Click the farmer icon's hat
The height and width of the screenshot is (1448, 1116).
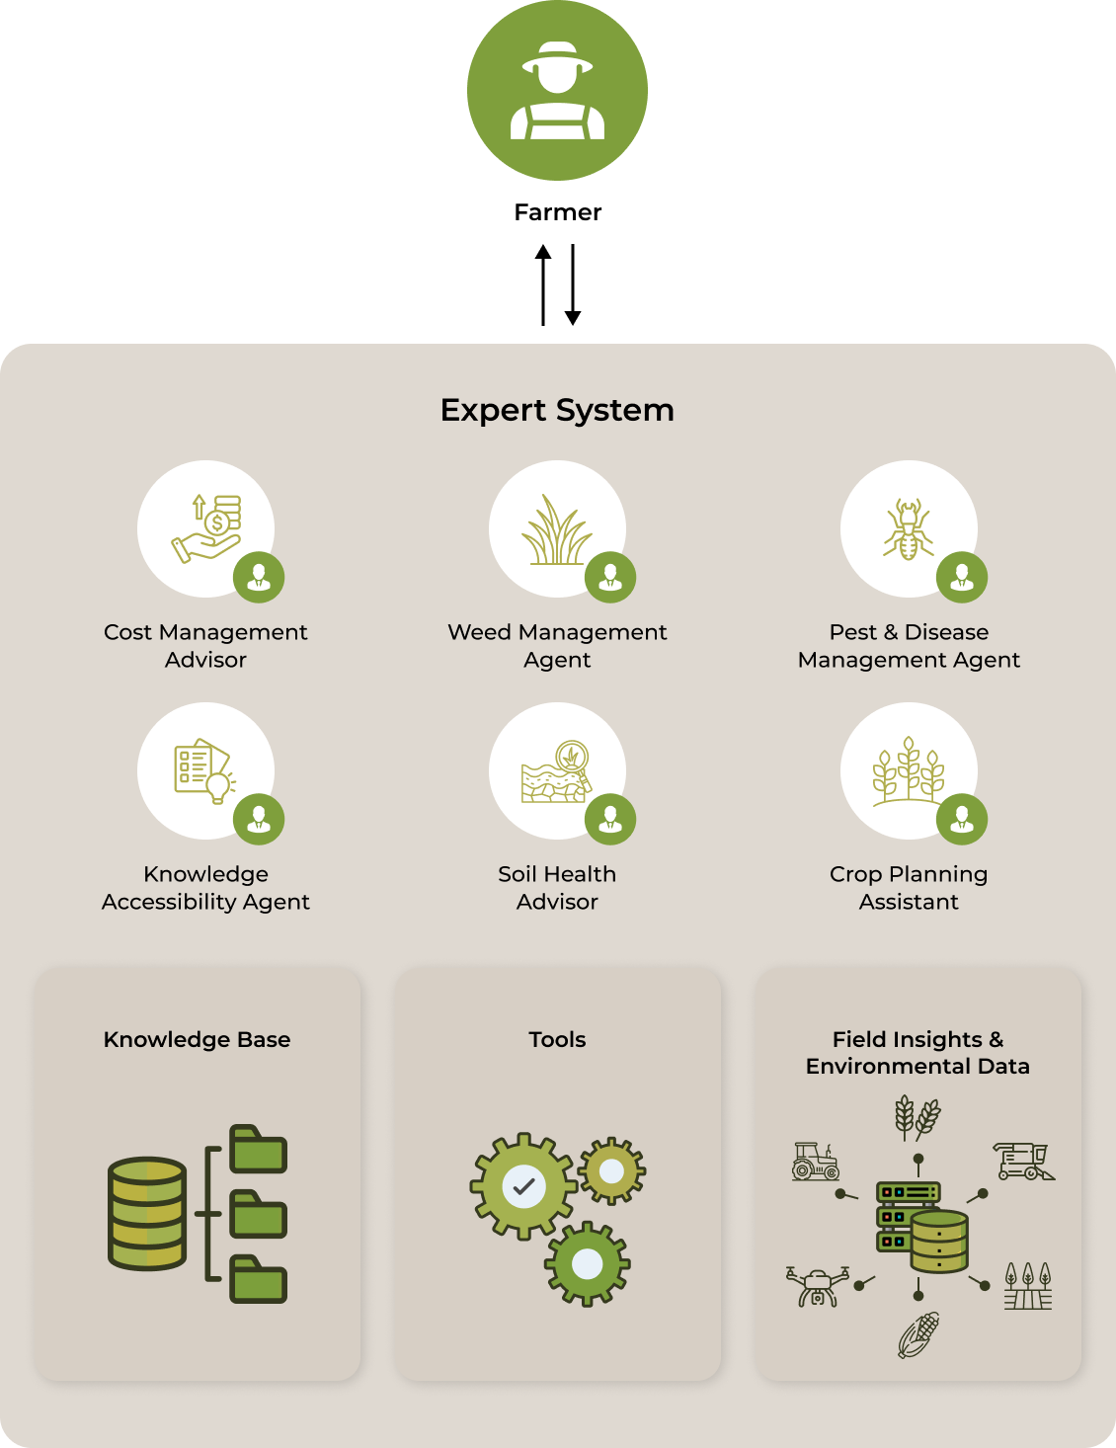point(557,57)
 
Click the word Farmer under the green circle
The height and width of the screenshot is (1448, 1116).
point(558,212)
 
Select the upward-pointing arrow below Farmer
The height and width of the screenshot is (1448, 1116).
point(543,285)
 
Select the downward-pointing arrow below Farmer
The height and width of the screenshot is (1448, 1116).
point(573,285)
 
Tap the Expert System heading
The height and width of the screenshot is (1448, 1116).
point(557,411)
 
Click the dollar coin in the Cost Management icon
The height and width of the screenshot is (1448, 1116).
point(217,523)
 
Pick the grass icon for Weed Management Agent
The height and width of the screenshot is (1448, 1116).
point(556,529)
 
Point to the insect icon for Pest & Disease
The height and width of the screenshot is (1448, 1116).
point(909,529)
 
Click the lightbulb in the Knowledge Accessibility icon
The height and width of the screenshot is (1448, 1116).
point(219,788)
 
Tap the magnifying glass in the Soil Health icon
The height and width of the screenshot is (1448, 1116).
point(574,762)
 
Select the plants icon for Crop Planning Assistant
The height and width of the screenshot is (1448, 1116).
point(909,771)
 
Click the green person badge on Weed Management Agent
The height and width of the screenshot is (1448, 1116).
point(610,577)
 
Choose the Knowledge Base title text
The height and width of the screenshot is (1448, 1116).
point(197,1039)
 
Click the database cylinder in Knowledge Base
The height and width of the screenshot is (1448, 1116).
point(147,1214)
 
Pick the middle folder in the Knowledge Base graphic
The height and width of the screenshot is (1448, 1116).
point(259,1214)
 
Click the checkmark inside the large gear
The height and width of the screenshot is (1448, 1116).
point(524,1186)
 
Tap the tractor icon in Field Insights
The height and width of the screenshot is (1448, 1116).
point(816,1162)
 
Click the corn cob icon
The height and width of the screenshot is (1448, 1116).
point(918,1334)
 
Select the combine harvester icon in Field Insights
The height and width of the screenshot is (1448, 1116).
point(1023,1162)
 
